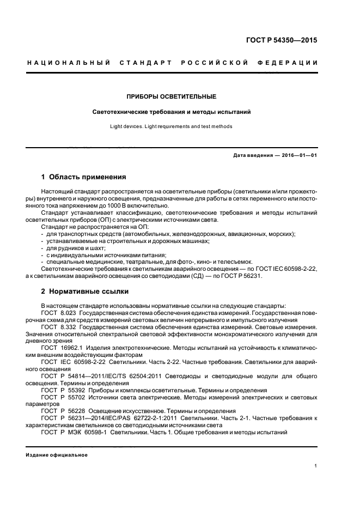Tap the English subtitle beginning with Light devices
click(x=172, y=126)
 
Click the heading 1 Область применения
click(x=84, y=177)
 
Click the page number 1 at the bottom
click(x=316, y=466)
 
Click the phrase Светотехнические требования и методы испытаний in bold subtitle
click(x=172, y=112)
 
